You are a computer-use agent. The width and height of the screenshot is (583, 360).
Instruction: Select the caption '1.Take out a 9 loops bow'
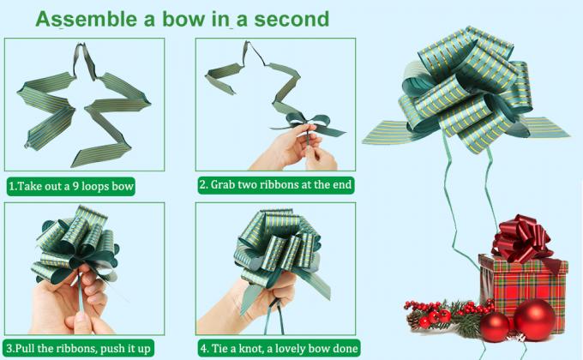71,185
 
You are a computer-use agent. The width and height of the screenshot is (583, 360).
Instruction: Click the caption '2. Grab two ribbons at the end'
275,185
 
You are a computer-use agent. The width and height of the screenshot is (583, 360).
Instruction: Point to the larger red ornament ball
534,319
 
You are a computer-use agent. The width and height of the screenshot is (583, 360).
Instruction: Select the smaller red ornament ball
495,326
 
